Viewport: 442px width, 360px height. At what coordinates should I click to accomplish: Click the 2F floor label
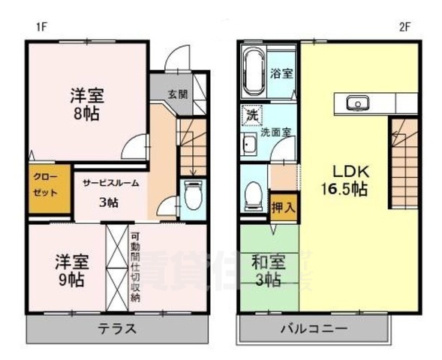point(404,28)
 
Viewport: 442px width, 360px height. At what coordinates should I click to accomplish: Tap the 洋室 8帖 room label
point(87,105)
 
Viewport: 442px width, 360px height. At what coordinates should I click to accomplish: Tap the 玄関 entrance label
point(177,94)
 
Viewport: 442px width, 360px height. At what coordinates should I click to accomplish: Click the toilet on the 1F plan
point(192,198)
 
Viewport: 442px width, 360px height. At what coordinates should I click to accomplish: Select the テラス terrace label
point(116,328)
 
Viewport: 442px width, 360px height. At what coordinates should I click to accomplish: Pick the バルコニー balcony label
point(314,328)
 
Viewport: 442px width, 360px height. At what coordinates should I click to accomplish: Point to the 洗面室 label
point(276,132)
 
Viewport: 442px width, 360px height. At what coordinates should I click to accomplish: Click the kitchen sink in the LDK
point(355,102)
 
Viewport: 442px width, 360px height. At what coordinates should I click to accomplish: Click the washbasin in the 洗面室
point(249,145)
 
